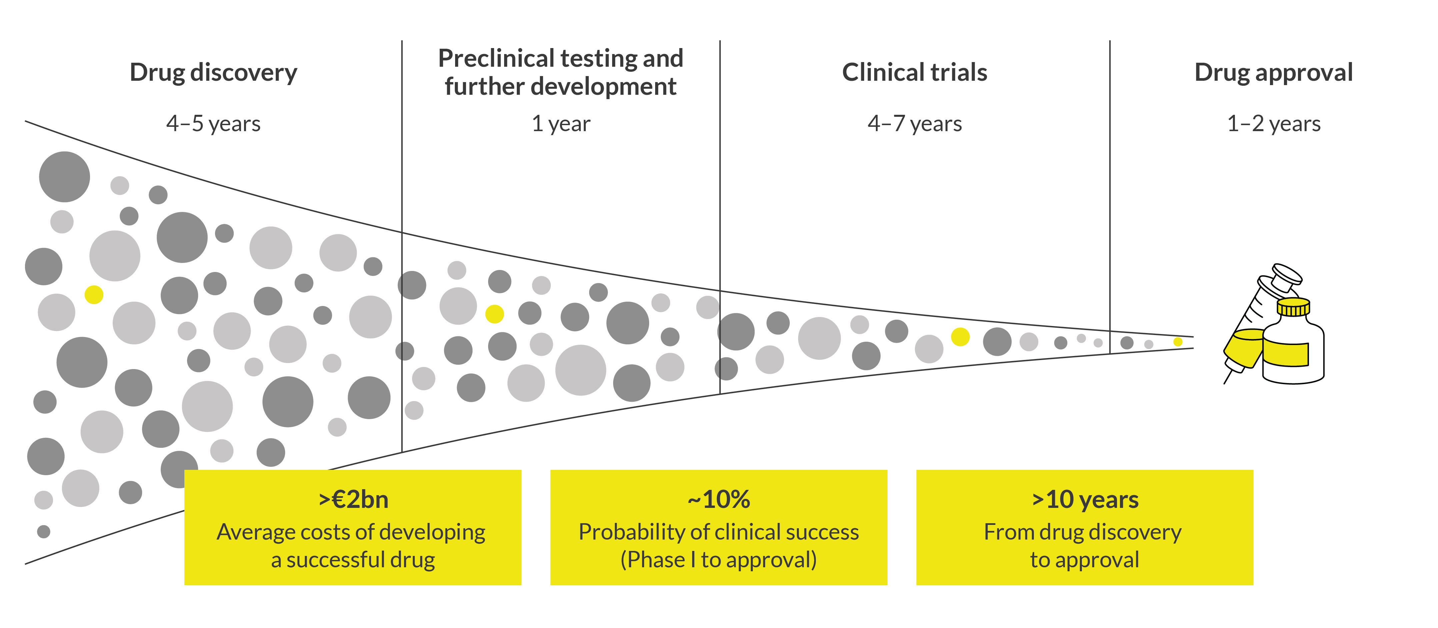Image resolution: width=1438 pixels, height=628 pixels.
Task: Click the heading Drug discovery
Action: point(213,73)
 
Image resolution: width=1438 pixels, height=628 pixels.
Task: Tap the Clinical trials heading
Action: point(915,73)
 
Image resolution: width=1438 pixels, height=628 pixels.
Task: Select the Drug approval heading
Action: point(1273,73)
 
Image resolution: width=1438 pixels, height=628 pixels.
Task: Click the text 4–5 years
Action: point(213,123)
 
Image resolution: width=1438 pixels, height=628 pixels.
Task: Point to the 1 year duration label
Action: point(560,123)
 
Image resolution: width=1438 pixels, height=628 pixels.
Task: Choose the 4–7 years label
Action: point(915,123)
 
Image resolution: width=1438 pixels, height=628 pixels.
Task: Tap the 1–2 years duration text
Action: point(1273,123)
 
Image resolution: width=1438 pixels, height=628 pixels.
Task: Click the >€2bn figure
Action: point(353,500)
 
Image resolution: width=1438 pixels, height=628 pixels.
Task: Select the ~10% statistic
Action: point(718,500)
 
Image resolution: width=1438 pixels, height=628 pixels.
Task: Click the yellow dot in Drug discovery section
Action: point(94,294)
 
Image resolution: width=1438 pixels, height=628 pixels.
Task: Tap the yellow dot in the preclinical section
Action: point(494,314)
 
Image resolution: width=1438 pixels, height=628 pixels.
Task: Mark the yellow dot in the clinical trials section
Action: point(960,337)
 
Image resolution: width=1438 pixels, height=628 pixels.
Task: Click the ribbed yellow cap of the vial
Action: point(1293,307)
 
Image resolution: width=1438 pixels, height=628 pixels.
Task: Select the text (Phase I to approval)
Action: point(718,559)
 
